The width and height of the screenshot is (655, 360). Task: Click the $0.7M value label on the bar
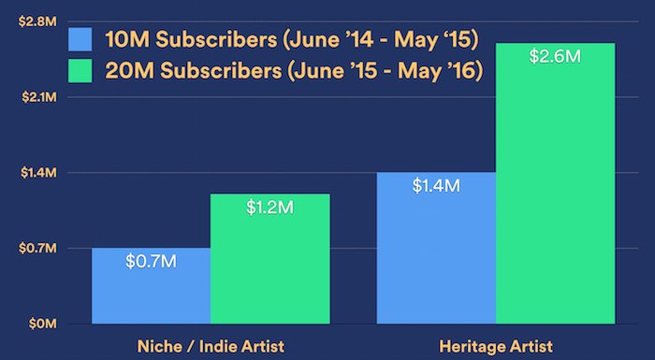pos(151,261)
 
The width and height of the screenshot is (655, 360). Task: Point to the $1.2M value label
pos(269,207)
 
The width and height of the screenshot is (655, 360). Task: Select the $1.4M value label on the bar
pos(436,185)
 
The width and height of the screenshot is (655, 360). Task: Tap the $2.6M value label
pos(555,56)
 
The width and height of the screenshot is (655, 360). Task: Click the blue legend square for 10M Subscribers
pos(80,39)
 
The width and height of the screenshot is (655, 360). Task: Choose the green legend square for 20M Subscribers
pos(80,70)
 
